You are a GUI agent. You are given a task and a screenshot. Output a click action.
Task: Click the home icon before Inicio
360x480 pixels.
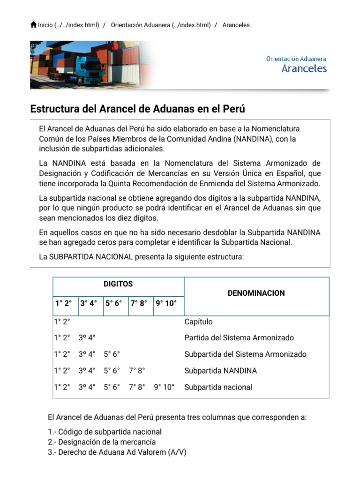pos(33,25)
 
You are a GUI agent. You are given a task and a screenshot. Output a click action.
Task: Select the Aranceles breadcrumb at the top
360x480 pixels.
pos(236,25)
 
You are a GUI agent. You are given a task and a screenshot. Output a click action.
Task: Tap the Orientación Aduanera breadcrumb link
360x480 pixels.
pos(160,25)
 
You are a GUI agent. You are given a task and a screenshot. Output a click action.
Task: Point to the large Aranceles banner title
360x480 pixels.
pos(304,68)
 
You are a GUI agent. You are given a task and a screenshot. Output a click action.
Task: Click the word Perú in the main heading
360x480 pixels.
pos(233,109)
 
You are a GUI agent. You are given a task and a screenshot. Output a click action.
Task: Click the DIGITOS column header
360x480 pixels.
pos(118,284)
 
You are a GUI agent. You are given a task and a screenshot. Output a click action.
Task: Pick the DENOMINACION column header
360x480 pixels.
pos(256,293)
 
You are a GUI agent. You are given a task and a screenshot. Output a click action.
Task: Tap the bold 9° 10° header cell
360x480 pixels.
pos(166,303)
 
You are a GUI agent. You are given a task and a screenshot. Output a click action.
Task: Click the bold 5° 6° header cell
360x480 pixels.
pos(113,303)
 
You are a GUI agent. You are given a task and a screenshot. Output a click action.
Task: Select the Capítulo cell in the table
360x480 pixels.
pos(198,322)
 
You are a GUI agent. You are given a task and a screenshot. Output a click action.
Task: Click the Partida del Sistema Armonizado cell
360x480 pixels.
pos(239,338)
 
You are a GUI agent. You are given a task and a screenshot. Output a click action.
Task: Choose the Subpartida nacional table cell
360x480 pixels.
pos(218,387)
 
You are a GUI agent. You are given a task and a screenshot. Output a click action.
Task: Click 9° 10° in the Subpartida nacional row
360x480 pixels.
pos(164,387)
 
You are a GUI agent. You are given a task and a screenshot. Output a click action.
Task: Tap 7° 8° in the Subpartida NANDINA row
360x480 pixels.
pos(137,371)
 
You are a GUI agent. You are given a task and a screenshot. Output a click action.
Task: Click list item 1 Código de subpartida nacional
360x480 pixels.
pos(105,432)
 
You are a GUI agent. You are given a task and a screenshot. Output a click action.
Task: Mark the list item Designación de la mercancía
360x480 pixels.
pos(102,442)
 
